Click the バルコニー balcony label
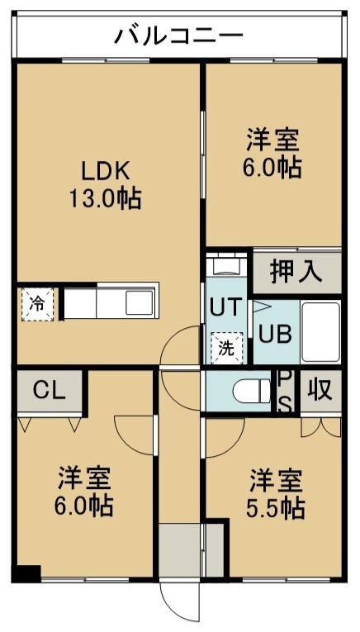click(179, 36)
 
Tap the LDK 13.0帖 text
click(106, 184)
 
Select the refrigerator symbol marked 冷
click(37, 304)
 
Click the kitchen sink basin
click(140, 302)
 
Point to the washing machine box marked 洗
click(226, 349)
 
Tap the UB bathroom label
click(275, 334)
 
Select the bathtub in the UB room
click(320, 332)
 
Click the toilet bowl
click(252, 391)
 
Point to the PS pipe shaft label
click(285, 391)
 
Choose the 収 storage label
click(320, 390)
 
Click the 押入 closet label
click(296, 272)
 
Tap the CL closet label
click(49, 390)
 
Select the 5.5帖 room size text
click(276, 509)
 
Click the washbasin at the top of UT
click(226, 265)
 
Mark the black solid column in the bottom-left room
click(26, 573)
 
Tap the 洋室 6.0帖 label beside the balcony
click(272, 153)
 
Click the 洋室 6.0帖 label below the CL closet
click(83, 492)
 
